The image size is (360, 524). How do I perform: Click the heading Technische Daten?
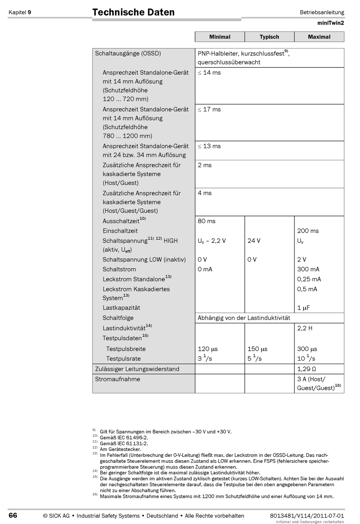pos(133,12)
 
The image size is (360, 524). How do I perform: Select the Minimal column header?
pos(220,37)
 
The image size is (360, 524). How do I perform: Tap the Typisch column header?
pos(269,37)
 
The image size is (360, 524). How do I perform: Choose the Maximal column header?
pos(319,37)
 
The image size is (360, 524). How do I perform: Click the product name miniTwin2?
pos(331,23)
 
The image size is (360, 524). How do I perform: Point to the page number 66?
pos(13,515)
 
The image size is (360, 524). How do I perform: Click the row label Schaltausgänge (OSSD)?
pos(128,53)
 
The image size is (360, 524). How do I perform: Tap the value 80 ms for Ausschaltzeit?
pos(207,221)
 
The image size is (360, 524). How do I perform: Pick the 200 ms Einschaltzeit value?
pos(308,231)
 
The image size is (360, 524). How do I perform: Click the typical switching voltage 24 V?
pos(254,241)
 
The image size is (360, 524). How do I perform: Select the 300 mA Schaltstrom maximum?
pos(308,269)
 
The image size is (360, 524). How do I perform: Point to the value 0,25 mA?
pos(309,279)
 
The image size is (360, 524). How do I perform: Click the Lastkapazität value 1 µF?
pos(304,308)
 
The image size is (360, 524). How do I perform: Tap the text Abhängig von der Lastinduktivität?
pos(244,318)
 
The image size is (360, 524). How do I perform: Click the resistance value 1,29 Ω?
pos(307,369)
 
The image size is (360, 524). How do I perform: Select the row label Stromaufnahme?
pos(117,379)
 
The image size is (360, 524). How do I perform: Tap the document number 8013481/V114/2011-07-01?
pos(307,516)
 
